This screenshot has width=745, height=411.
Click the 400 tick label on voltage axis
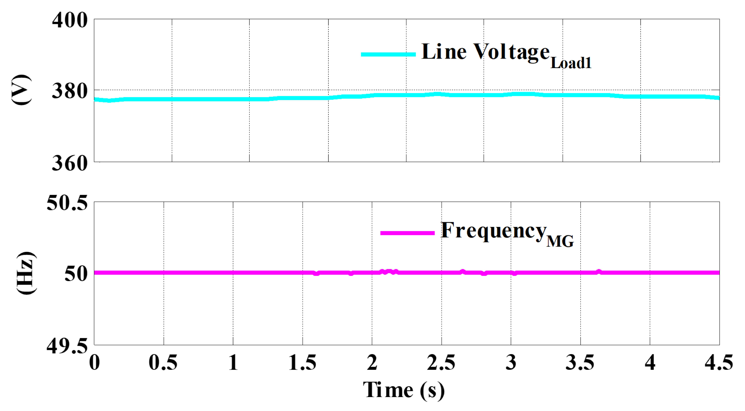click(x=70, y=21)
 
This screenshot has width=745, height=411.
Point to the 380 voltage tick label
click(x=70, y=92)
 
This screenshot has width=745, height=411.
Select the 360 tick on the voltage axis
click(x=70, y=163)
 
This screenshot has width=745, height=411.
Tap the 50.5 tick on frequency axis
click(x=67, y=203)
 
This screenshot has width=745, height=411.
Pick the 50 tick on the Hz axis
click(x=76, y=274)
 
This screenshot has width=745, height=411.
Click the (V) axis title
click(x=21, y=90)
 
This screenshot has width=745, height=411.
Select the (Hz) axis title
click(x=26, y=273)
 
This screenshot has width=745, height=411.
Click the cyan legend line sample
click(x=388, y=54)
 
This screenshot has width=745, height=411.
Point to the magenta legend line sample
click(x=407, y=233)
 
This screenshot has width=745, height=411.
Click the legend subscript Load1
click(x=571, y=63)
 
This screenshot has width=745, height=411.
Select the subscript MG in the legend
click(x=560, y=241)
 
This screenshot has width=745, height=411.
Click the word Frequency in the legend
click(x=494, y=231)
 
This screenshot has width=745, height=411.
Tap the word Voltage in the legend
click(x=512, y=52)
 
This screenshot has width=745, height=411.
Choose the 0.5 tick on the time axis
click(x=163, y=362)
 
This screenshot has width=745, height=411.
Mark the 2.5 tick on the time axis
click(x=441, y=362)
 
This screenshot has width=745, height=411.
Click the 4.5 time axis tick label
click(x=719, y=362)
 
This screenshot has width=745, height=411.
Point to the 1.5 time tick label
click(x=302, y=362)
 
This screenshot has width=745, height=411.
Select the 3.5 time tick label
click(x=580, y=362)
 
